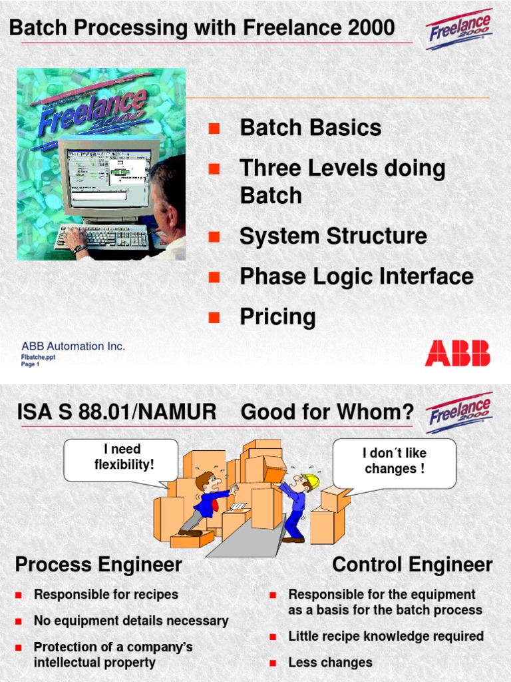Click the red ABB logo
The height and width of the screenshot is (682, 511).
457,353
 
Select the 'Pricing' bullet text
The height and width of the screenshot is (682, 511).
277,317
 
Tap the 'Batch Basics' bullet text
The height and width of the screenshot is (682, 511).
310,128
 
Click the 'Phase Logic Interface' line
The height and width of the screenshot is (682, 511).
356,276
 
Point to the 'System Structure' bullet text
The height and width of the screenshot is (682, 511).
333,236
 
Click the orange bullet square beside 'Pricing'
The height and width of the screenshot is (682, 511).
214,318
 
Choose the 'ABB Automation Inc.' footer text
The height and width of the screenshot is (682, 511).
73,346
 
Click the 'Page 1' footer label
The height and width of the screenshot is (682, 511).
31,364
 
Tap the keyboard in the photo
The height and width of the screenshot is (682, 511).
103,236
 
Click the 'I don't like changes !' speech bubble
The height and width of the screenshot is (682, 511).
394,461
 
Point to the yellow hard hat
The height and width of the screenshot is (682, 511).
310,481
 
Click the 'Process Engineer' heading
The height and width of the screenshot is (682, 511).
98,565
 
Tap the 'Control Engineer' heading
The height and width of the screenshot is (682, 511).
412,565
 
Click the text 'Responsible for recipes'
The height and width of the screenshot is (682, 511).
106,595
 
